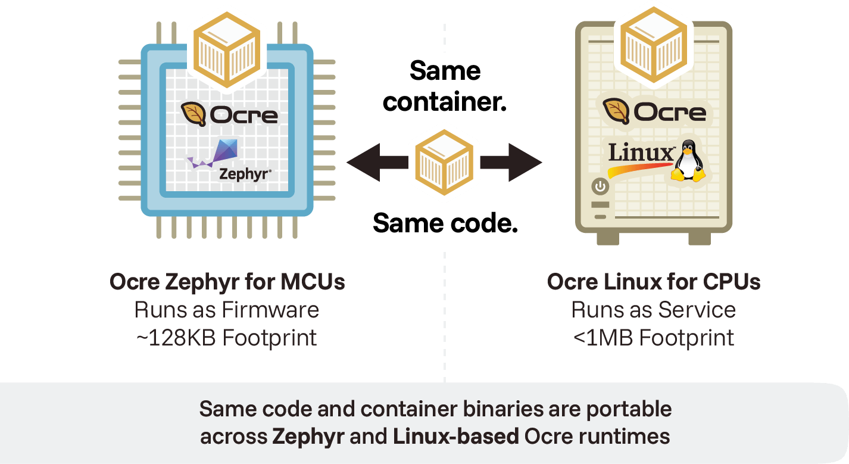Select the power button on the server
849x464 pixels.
[600, 188]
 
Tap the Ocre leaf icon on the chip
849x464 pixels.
[193, 114]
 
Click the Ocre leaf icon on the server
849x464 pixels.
[616, 111]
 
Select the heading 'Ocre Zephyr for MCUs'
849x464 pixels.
[227, 282]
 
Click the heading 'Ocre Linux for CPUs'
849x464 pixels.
[654, 282]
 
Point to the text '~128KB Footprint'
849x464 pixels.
[227, 338]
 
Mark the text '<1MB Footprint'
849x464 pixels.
[654, 338]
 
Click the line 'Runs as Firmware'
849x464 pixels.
[227, 310]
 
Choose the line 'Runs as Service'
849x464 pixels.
[654, 310]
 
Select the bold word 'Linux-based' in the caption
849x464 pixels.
[455, 436]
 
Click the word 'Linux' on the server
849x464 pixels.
[641, 153]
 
